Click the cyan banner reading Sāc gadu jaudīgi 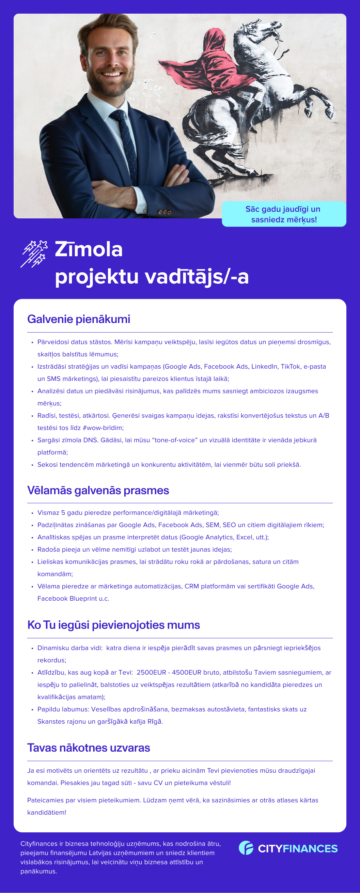coord(284,214)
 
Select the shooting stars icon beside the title coord(34,254)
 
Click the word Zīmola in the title coord(89,249)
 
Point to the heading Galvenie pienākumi coord(79,319)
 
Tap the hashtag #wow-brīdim coord(103,428)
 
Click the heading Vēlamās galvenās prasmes coord(98,490)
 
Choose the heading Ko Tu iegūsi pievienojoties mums coord(114,625)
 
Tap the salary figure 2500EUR coord(152,673)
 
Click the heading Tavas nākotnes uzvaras coord(89,748)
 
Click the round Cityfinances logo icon coord(246,848)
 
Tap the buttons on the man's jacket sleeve coord(165,212)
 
